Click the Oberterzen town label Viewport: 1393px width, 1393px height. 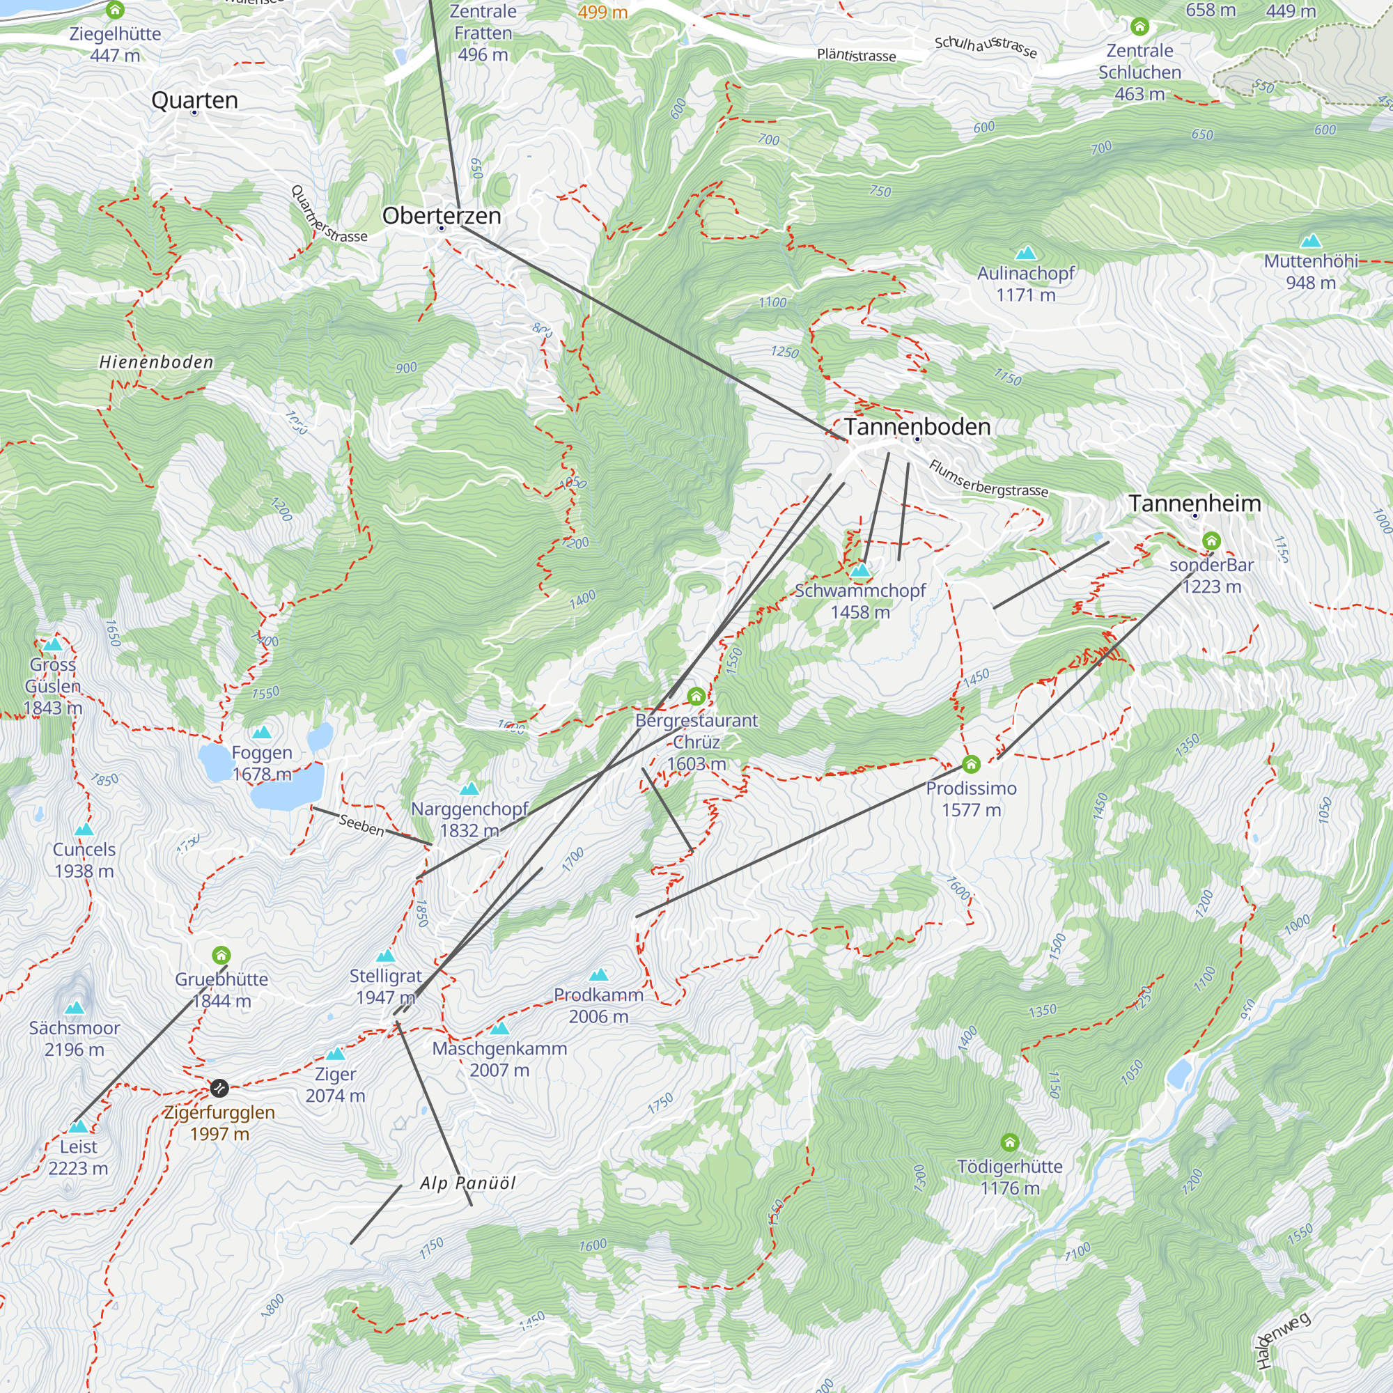tap(442, 216)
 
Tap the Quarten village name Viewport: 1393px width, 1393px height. tap(195, 100)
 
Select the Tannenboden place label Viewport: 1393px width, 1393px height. tap(917, 427)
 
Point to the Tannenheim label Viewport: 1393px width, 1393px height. tap(1194, 504)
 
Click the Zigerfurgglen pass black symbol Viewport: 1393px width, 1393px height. tap(219, 1087)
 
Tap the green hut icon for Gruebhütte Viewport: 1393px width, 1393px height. tap(221, 956)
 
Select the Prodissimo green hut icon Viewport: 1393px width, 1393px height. tap(971, 764)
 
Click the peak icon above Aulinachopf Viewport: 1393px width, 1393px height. tap(1025, 253)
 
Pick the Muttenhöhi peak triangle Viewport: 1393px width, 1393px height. tap(1311, 241)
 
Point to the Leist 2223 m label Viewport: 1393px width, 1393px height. tap(78, 1157)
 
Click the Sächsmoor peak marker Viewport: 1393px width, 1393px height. tap(75, 1008)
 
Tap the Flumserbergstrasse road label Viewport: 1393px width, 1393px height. tap(988, 479)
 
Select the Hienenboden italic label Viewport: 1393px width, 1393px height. tap(157, 362)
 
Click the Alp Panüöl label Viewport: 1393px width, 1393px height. tap(468, 1183)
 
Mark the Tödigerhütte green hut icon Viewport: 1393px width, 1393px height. tap(1009, 1143)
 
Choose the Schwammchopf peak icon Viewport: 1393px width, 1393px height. tap(859, 571)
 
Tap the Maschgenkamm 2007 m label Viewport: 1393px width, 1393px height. tap(499, 1059)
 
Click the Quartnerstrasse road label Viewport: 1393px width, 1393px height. tap(328, 215)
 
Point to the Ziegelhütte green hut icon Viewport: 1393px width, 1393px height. tap(115, 10)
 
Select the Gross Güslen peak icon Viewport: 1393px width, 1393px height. tap(53, 644)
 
